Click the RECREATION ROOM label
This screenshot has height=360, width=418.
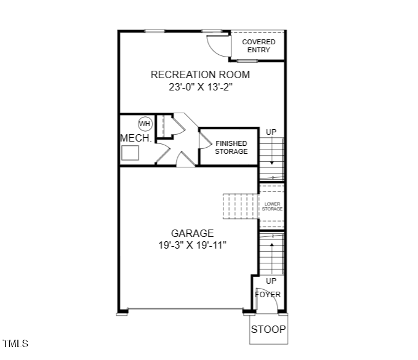click(x=201, y=74)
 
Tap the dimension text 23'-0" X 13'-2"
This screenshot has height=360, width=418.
click(x=201, y=87)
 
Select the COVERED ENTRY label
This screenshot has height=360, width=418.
click(x=259, y=46)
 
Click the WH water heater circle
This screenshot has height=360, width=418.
click(x=145, y=123)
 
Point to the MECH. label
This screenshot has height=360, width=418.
click(x=135, y=138)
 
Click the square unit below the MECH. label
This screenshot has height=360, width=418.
click(x=130, y=153)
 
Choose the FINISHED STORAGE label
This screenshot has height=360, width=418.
click(x=231, y=147)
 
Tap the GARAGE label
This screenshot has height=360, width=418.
click(x=193, y=233)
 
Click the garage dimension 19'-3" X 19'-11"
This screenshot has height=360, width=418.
click(x=193, y=245)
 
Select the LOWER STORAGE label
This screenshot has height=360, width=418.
click(x=272, y=207)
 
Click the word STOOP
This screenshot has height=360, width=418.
click(x=268, y=329)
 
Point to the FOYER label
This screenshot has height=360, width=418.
click(x=268, y=294)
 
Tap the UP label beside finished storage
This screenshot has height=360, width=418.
click(x=271, y=132)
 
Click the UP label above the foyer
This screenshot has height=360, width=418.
click(x=271, y=281)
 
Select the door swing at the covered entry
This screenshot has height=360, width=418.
click(x=217, y=44)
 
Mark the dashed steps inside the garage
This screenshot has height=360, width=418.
click(x=240, y=206)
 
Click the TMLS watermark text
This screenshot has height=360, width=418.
click(x=15, y=343)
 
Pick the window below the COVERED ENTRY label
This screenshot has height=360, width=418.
click(x=247, y=60)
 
